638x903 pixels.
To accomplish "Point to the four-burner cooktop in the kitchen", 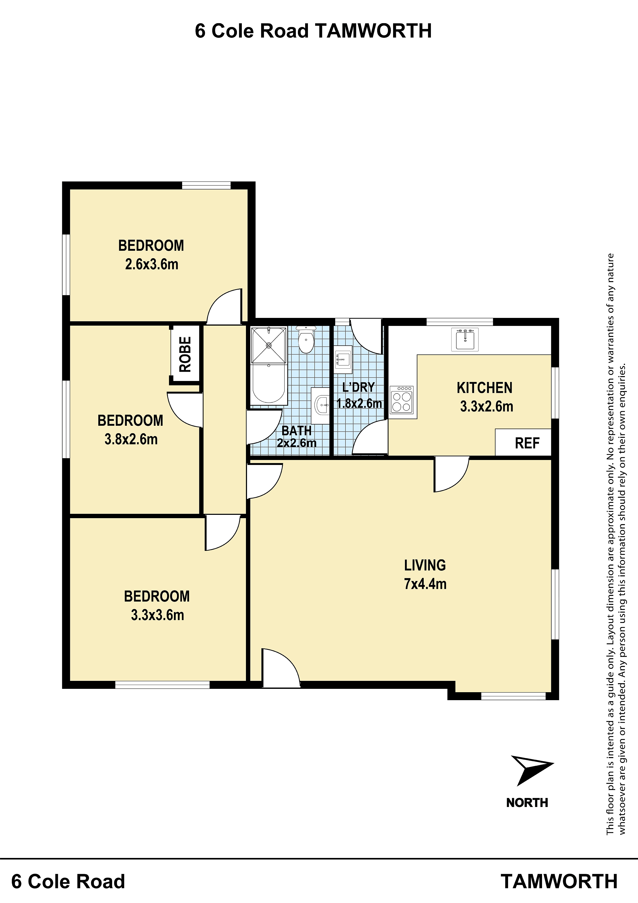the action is point(401,399).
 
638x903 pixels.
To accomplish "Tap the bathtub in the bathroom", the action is point(269,384).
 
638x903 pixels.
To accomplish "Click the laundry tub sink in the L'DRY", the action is point(343,359).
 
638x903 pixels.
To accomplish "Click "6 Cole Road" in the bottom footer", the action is point(68,881).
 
